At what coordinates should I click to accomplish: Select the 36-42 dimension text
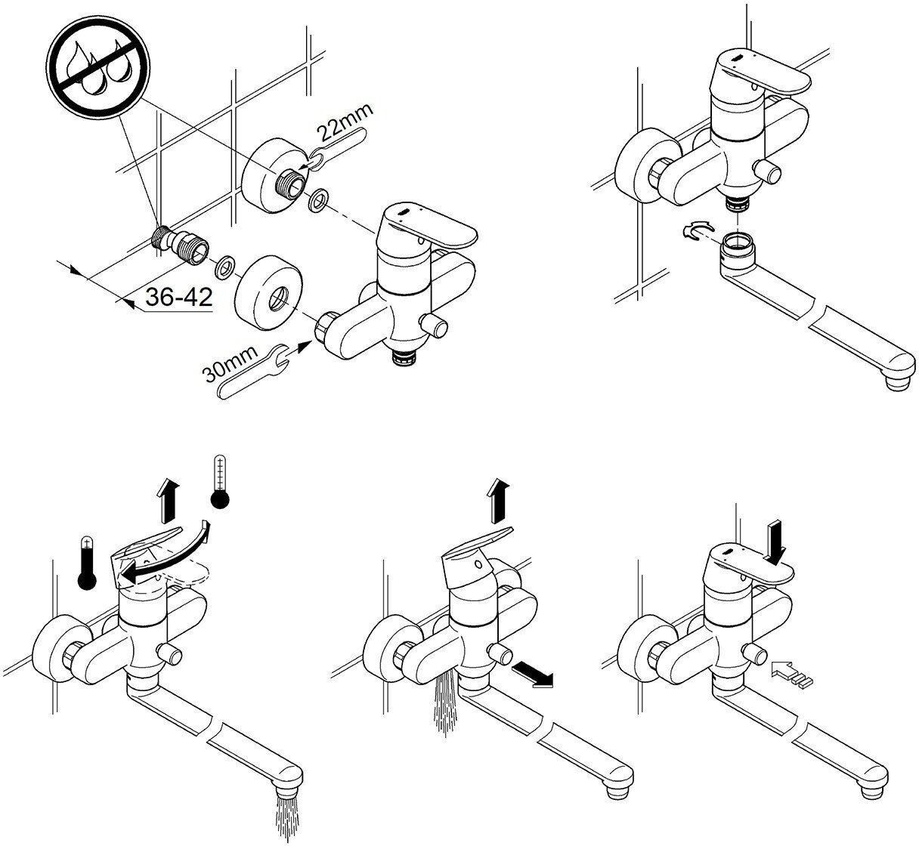point(178,298)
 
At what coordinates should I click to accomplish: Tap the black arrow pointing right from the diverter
point(533,675)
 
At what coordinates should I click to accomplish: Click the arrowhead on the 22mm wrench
point(307,160)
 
